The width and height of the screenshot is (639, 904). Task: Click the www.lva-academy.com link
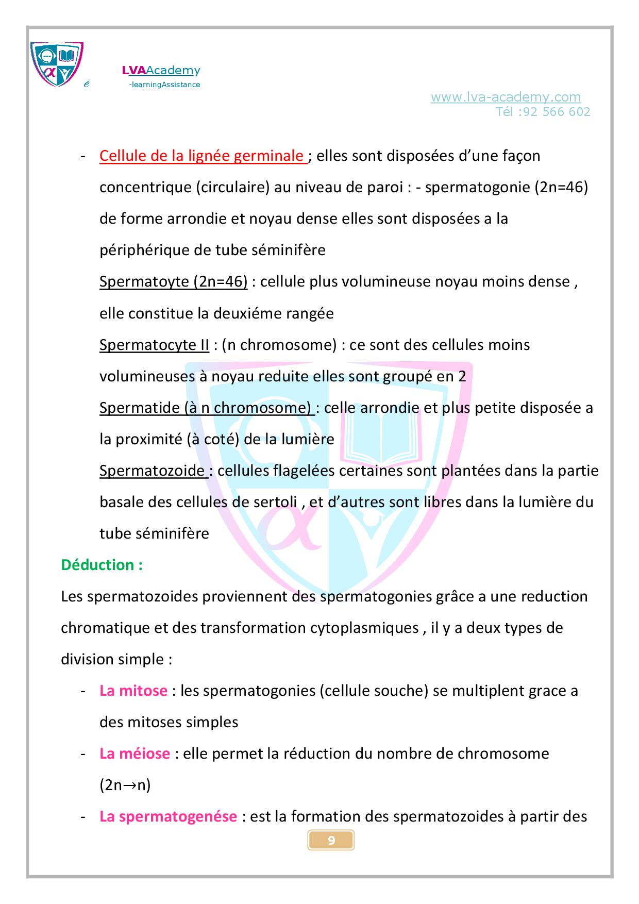click(x=506, y=97)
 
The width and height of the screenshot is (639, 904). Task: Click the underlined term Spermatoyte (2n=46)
click(x=173, y=282)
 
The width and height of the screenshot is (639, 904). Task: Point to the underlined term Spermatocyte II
click(x=154, y=345)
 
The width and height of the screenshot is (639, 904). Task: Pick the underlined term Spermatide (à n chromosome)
click(x=206, y=408)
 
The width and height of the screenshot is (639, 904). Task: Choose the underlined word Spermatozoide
click(x=152, y=471)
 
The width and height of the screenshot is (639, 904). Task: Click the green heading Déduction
click(x=102, y=565)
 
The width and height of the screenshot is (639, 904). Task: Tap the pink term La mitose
click(x=133, y=691)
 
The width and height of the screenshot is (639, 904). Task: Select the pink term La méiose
click(x=134, y=754)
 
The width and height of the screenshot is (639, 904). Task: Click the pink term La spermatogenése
click(x=168, y=816)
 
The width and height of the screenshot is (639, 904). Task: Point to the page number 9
click(x=331, y=841)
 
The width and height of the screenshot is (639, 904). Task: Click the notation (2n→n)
click(x=125, y=785)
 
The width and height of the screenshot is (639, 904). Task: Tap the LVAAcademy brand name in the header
click(x=161, y=71)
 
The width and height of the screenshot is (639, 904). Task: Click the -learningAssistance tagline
click(x=164, y=85)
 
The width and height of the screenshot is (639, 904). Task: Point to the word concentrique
click(x=145, y=187)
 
